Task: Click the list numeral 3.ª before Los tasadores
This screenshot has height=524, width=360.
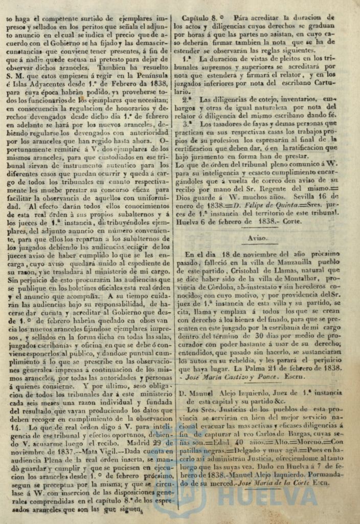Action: click(187, 123)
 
